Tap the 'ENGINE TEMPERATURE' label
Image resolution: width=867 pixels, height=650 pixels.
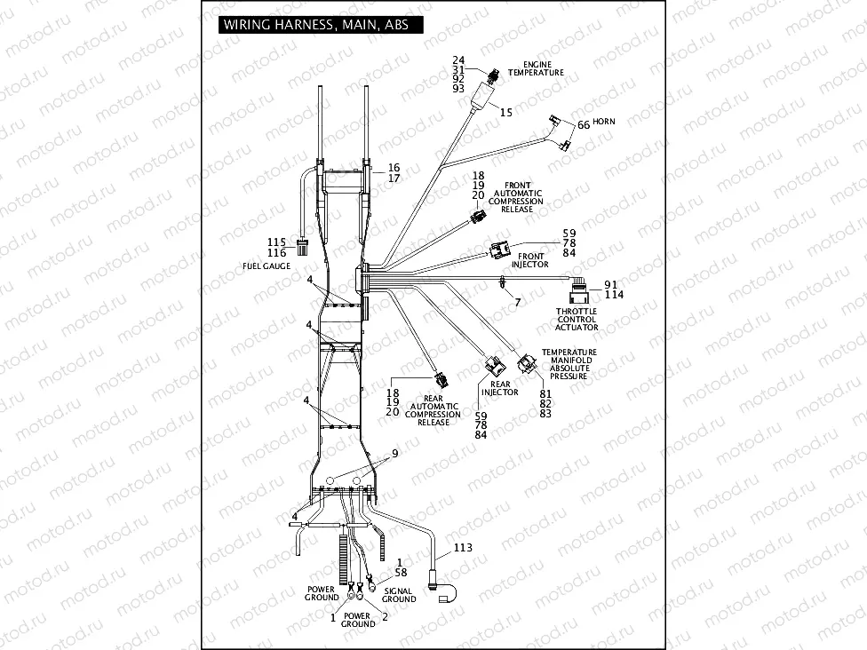click(537, 69)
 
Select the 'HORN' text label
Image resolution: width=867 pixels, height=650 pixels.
click(604, 122)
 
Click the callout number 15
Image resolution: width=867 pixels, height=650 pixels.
click(505, 113)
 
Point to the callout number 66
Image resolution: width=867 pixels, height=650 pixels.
click(584, 125)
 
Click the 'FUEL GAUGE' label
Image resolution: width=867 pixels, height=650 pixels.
click(266, 266)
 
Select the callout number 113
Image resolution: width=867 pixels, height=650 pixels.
click(463, 548)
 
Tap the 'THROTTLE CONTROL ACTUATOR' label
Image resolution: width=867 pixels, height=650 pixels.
click(577, 320)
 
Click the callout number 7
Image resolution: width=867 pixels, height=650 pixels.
click(517, 304)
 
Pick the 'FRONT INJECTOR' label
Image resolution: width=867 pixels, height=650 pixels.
click(529, 260)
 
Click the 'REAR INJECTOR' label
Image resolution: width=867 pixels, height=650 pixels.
click(499, 388)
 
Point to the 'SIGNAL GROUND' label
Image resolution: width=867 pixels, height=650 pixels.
click(399, 594)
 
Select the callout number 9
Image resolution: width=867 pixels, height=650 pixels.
click(395, 455)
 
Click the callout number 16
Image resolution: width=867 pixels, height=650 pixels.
click(394, 167)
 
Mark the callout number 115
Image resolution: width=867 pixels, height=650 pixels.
click(276, 242)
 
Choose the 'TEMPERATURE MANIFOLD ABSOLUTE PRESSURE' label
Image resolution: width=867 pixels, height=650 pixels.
click(569, 364)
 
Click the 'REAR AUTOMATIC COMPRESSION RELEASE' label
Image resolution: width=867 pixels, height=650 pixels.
click(433, 411)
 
